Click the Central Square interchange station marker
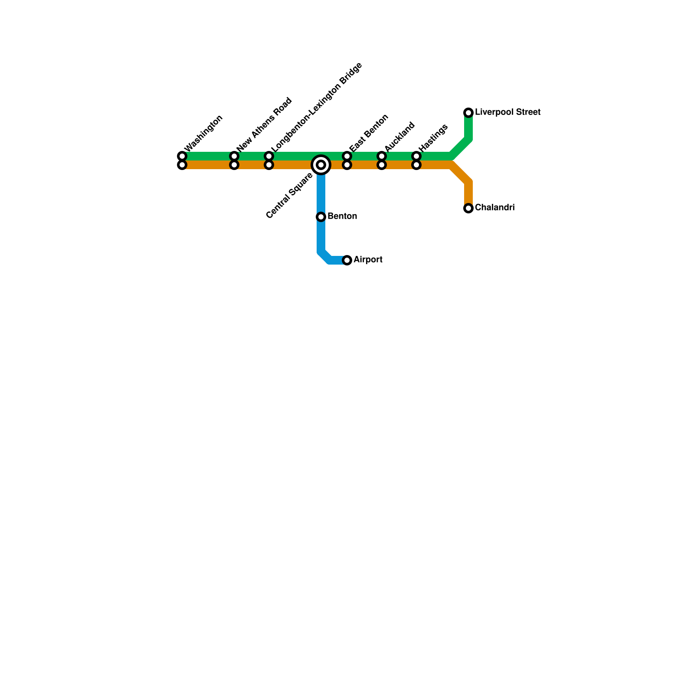(321, 165)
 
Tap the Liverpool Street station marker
(468, 113)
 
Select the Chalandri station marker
(468, 208)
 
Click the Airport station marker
(347, 260)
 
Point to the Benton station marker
(321, 216)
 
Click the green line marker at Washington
(182, 156)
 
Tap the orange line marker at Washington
(182, 165)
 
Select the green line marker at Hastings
(416, 156)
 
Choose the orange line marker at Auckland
(382, 165)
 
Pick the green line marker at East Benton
(347, 156)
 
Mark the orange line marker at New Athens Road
(234, 165)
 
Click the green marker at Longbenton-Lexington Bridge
(269, 156)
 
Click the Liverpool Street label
(507, 112)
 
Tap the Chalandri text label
(494, 208)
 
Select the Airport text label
(368, 260)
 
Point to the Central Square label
(289, 196)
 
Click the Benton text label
(342, 216)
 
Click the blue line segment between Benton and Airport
(321, 236)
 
